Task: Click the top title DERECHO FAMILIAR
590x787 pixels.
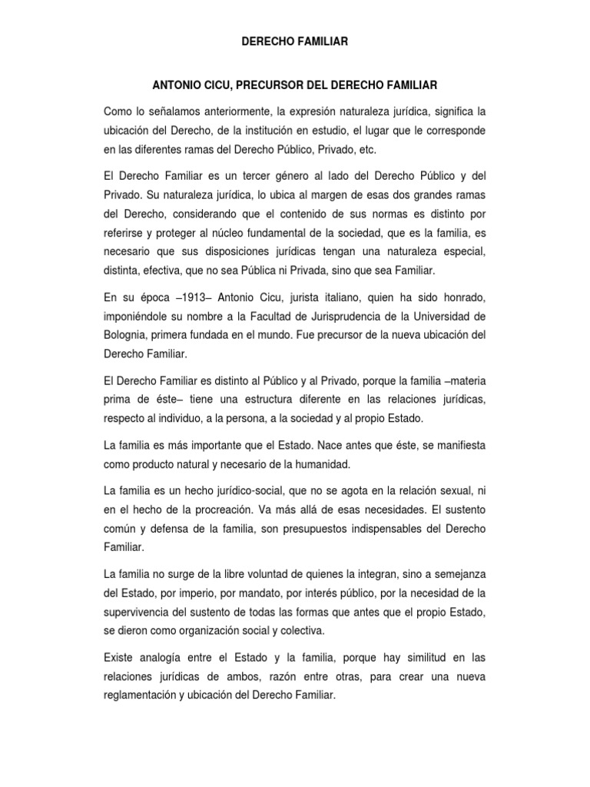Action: [x=295, y=43]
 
